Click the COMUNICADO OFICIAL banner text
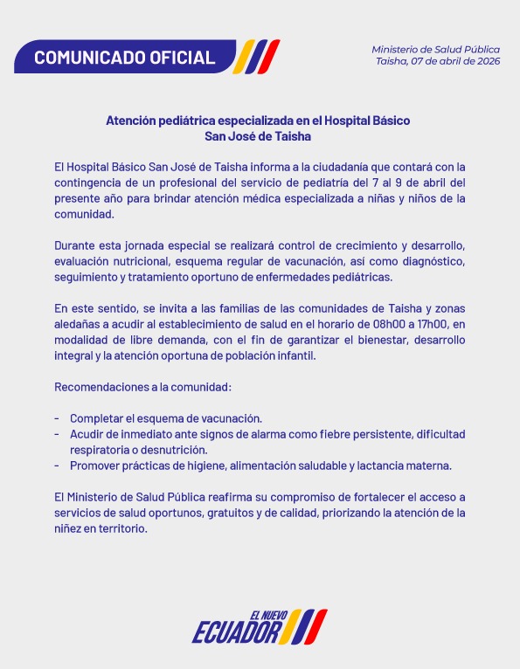point(124,58)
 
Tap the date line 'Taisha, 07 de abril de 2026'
point(438,61)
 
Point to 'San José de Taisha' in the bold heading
point(258,136)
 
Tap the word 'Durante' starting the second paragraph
point(76,245)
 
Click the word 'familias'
point(208,308)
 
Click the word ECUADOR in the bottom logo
point(236,631)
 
